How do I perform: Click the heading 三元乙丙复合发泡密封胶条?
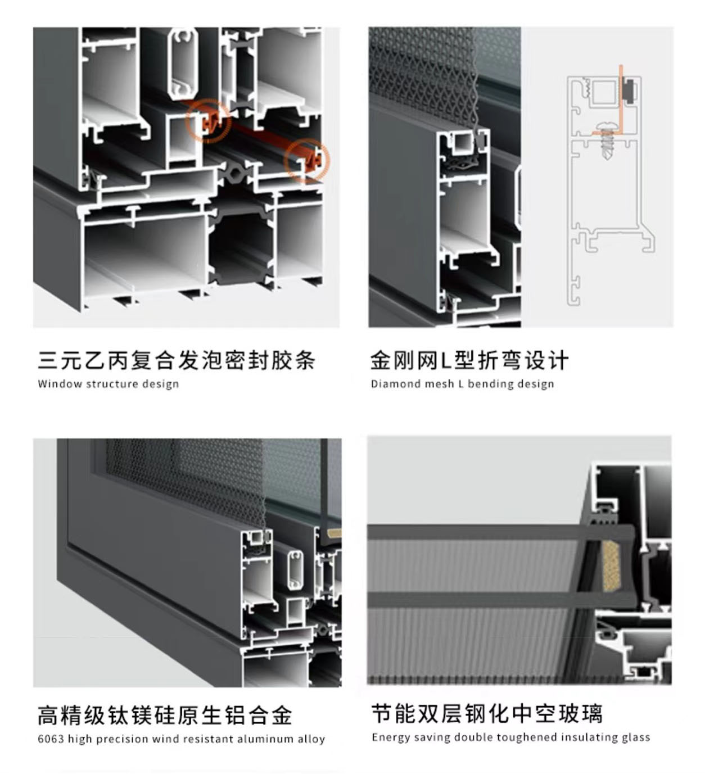[x=176, y=360]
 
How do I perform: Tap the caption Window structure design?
[x=108, y=384]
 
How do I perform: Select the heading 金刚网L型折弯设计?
[x=469, y=360]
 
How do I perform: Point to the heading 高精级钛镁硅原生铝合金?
[x=165, y=716]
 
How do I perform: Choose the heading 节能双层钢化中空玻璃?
[x=487, y=714]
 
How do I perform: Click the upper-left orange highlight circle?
[x=209, y=120]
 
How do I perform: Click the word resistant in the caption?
[x=209, y=739]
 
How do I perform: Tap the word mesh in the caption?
[x=440, y=384]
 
